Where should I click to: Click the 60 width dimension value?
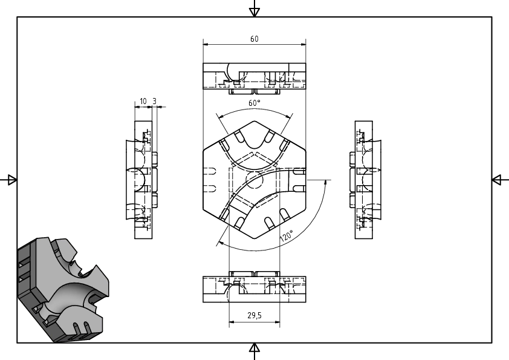click(254, 39)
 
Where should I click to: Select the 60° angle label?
click(254, 103)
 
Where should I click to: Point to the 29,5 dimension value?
click(254, 315)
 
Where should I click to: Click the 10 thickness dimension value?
click(143, 102)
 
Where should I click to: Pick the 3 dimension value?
click(155, 102)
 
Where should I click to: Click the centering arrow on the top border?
click(254, 10)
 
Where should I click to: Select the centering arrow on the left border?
click(10, 180)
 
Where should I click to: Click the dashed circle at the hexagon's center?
click(254, 180)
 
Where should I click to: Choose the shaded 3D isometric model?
click(63, 290)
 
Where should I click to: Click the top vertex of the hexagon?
click(254, 121)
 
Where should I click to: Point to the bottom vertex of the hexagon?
click(254, 238)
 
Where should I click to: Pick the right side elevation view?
click(366, 180)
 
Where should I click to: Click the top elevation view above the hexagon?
click(254, 79)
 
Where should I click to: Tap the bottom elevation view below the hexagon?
click(254, 287)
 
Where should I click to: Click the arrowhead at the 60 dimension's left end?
click(206, 44)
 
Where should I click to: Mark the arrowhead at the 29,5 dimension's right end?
click(277, 322)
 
